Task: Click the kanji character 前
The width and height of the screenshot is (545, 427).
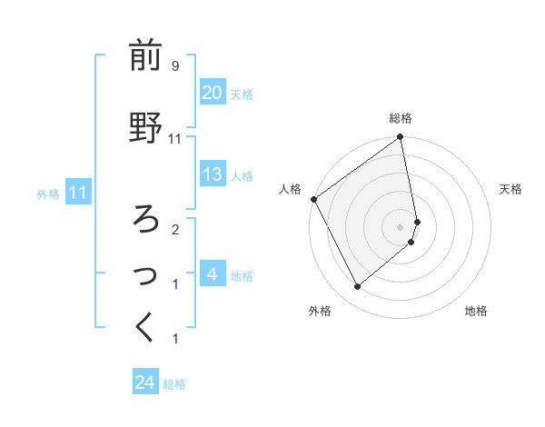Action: tap(145, 56)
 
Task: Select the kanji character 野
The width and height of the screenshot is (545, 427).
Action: tap(145, 128)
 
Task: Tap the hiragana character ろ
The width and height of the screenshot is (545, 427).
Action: tap(145, 218)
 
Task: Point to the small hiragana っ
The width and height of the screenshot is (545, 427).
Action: tap(145, 273)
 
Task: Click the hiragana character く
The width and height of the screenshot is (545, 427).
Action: tap(145, 328)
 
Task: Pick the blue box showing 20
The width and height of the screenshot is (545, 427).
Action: tap(212, 93)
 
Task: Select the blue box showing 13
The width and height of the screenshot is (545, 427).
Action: tap(212, 174)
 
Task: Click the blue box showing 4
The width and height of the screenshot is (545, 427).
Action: tap(212, 274)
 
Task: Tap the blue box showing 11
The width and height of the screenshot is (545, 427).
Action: tap(77, 193)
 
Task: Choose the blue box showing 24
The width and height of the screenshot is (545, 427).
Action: tap(145, 382)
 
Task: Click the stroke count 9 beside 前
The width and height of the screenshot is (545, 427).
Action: tap(175, 66)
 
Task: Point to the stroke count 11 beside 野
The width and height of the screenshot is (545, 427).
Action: tap(175, 138)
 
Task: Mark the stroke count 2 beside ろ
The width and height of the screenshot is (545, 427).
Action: tap(175, 229)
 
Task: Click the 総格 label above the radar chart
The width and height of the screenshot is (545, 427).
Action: tap(401, 118)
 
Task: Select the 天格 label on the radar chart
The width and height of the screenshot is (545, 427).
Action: tap(510, 189)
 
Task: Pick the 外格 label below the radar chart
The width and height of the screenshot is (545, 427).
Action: tap(320, 311)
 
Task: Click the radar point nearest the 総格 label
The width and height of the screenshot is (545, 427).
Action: tap(401, 138)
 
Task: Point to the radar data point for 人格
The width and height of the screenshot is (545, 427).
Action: tap(313, 199)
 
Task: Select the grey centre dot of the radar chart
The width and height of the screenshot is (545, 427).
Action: tap(401, 226)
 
